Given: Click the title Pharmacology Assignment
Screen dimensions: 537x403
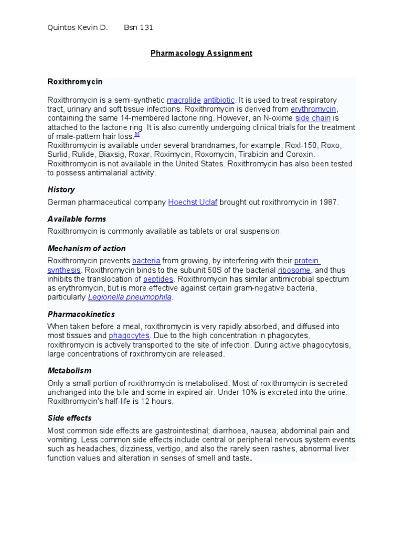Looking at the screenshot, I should [x=201, y=53].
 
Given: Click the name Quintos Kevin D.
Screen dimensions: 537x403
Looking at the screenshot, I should [x=77, y=28].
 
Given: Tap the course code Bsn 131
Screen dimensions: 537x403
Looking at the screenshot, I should [x=138, y=28].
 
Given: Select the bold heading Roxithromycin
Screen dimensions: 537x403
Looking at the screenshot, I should [x=75, y=82].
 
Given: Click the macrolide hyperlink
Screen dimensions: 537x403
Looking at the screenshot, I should [x=183, y=100].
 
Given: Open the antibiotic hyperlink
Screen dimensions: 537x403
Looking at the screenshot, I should [x=219, y=100].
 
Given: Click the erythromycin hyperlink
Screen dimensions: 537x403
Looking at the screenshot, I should [x=313, y=109].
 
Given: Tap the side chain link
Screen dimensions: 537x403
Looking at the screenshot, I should [x=313, y=118].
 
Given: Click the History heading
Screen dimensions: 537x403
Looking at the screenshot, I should [x=61, y=189].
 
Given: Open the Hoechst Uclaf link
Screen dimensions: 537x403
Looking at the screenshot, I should [x=193, y=202].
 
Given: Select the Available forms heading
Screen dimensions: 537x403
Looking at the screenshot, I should [x=77, y=219].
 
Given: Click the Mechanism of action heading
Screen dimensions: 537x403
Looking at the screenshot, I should [x=87, y=248].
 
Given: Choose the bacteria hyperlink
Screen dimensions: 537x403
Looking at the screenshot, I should [x=146, y=261].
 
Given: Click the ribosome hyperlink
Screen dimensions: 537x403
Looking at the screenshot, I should [x=294, y=270].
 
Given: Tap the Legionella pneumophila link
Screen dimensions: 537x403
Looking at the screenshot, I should [x=130, y=297].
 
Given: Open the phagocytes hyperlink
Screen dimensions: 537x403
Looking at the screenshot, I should [x=129, y=335].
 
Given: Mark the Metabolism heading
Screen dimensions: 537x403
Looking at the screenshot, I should [x=69, y=370].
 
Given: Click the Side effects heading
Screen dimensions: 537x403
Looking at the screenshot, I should [x=69, y=418].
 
